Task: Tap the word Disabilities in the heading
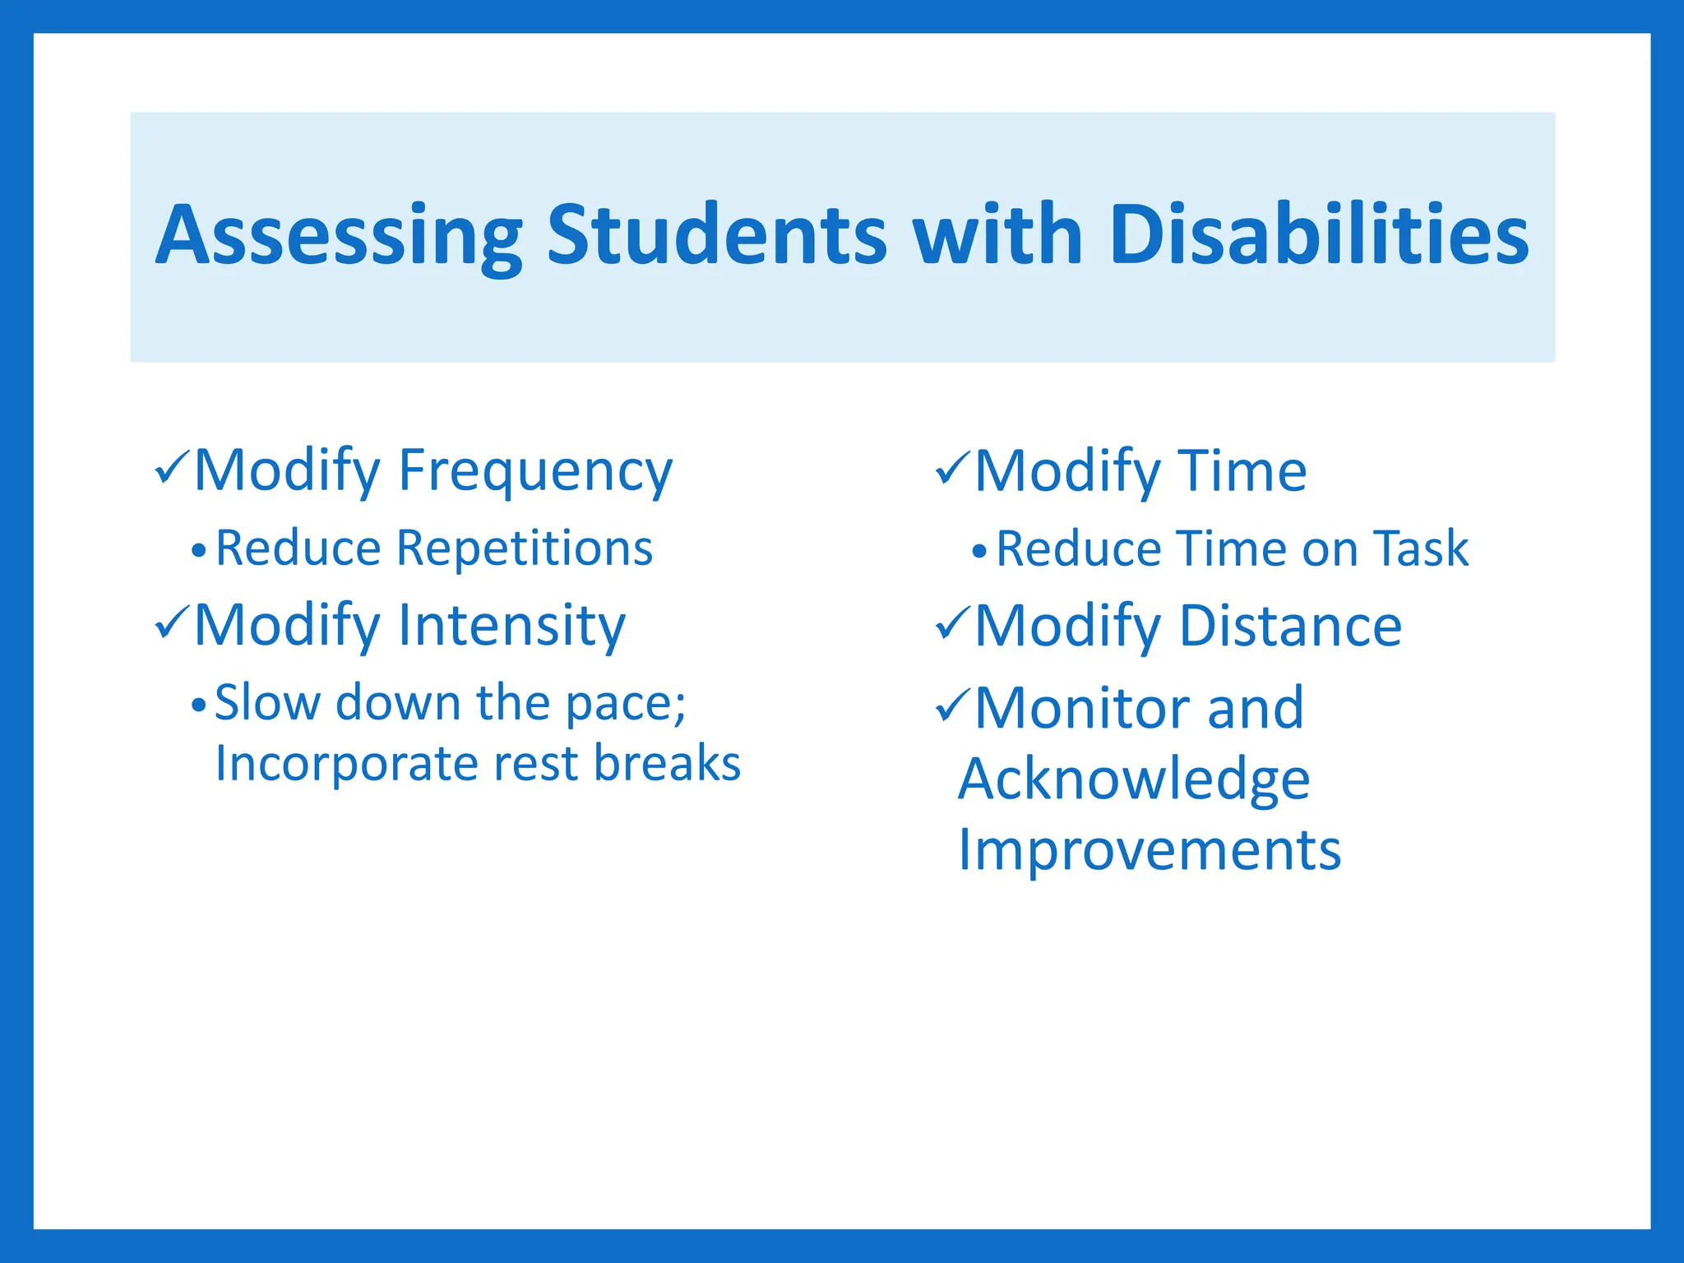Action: [1318, 235]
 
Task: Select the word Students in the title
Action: [716, 235]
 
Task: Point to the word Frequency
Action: [534, 472]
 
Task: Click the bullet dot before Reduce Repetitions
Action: [198, 550]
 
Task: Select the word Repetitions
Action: [524, 548]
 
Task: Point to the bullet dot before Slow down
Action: [198, 705]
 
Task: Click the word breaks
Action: [667, 763]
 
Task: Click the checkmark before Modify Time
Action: [953, 469]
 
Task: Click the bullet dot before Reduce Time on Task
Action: [978, 550]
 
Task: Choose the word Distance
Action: [1290, 627]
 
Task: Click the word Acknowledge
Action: [1134, 779]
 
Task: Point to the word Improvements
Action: [1150, 849]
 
